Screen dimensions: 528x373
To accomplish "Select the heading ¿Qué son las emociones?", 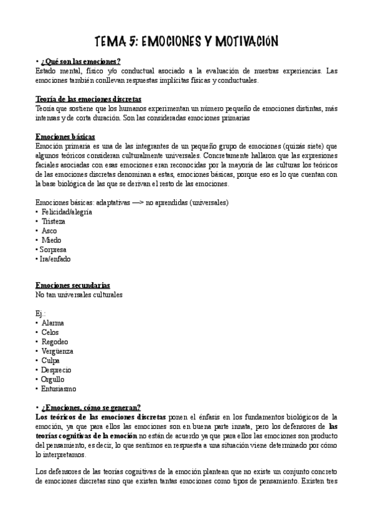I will coord(81,61).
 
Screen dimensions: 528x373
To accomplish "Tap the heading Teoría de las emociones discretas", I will coord(88,99).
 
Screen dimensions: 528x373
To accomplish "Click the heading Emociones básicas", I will coord(65,137).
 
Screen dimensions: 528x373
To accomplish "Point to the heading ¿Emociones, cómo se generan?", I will coord(91,407).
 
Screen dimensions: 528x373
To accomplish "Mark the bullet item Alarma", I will coord(53,323).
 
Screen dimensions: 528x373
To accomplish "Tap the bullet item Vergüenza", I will coord(58,351).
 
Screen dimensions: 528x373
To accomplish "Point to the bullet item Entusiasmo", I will coord(59,389).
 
